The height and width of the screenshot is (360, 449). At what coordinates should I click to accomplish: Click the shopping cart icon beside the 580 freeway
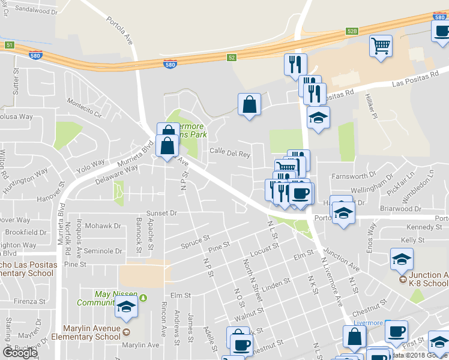pos(381,46)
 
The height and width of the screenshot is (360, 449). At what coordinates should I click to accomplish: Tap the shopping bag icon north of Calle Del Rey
pos(249,105)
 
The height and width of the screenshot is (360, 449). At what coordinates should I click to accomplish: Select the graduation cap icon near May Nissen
pos(126,307)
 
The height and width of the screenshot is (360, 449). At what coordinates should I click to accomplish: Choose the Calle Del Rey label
pos(229,154)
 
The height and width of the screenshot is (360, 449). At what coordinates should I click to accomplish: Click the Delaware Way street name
pos(116,174)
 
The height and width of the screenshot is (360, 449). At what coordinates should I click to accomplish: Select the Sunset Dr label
pos(162,213)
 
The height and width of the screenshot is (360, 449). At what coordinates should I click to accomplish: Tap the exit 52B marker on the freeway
pos(352,31)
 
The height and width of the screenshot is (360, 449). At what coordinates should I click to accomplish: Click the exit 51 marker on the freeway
pos(8,45)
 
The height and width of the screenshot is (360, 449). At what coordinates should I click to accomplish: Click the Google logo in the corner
pos(20,352)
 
